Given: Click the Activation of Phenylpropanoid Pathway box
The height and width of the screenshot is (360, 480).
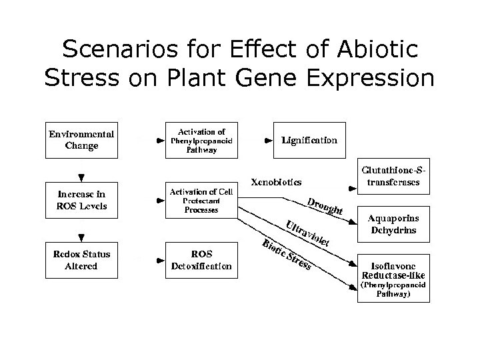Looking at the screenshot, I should [201, 141].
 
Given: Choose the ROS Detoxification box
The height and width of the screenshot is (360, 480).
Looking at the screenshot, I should [201, 260].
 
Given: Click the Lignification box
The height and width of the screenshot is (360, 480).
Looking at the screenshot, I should [309, 141].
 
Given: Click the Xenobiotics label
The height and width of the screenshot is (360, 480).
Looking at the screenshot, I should [275, 181].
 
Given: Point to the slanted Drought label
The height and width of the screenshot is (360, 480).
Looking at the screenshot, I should [325, 207].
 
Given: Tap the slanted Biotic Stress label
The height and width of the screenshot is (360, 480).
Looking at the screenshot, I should [287, 255].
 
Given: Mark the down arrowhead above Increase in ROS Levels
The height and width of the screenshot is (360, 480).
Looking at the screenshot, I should [81, 177].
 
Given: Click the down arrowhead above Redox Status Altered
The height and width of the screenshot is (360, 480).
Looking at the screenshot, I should [81, 237].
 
